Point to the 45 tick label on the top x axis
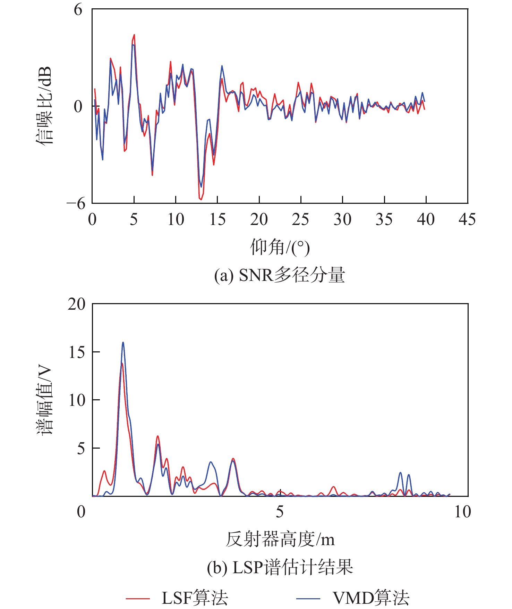point(467,219)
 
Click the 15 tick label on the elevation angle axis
point(217,219)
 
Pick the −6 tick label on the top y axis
point(76,204)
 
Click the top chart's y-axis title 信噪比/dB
point(44,106)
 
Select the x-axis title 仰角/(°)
point(280,247)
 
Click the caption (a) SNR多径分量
point(280,275)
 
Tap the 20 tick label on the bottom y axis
point(77,304)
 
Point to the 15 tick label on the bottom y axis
point(77,352)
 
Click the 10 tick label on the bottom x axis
point(463,512)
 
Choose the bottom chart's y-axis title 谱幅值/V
point(44,400)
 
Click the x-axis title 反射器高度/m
point(280,540)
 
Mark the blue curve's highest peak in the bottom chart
point(123,342)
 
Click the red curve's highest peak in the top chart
point(134,35)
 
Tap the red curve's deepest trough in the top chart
point(201,200)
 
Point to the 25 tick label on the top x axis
point(300,219)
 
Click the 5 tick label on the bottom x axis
point(280,512)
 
